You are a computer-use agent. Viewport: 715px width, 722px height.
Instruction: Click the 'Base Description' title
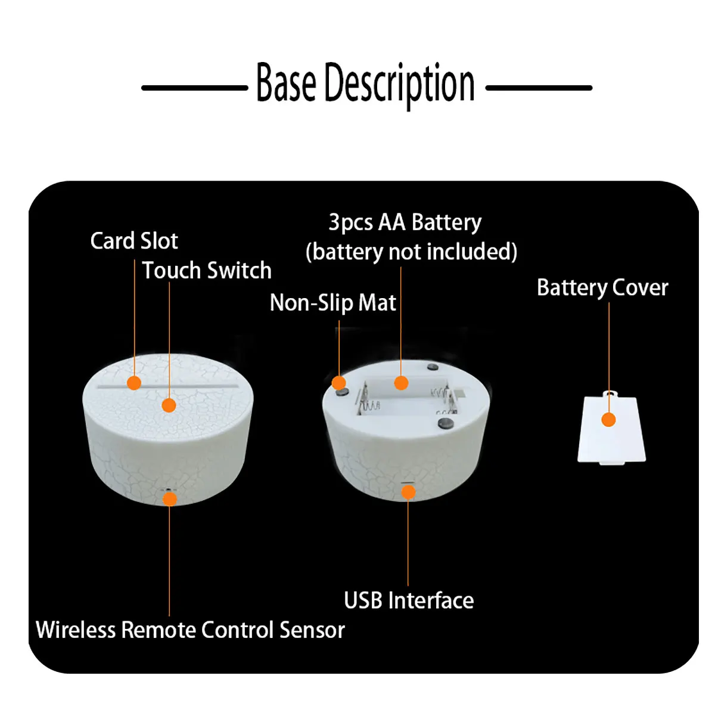click(x=365, y=84)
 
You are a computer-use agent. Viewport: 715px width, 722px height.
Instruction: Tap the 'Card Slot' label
click(x=134, y=241)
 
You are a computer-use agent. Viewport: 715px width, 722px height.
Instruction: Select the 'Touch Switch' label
click(x=207, y=271)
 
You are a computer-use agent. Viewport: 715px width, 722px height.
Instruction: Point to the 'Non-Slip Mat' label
click(x=332, y=303)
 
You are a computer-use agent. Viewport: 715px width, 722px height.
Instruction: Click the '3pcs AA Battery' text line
click(x=405, y=222)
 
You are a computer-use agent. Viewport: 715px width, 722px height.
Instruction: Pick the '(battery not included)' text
click(x=411, y=252)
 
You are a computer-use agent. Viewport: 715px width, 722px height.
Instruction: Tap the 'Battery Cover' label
click(x=602, y=287)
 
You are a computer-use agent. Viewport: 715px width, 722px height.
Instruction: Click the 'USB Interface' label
click(x=409, y=600)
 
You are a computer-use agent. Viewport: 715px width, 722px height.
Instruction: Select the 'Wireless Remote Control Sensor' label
click(x=190, y=630)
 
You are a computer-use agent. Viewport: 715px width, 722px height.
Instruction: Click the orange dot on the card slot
click(x=134, y=383)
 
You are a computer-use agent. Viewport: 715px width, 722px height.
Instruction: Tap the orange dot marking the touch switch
click(x=169, y=405)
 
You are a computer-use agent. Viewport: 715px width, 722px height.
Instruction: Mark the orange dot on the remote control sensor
click(x=170, y=498)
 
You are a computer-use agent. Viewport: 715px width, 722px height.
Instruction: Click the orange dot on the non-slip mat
click(x=338, y=383)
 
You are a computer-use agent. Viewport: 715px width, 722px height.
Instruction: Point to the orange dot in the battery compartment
click(x=401, y=383)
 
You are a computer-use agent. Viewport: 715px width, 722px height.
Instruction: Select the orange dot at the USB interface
click(x=408, y=492)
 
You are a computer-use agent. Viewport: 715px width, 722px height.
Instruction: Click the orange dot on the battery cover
click(x=608, y=420)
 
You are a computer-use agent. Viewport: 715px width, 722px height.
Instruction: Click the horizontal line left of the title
click(x=194, y=88)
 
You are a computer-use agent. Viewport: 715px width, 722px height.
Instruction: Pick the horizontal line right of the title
click(x=539, y=88)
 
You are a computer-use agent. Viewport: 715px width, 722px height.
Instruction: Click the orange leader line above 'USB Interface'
click(x=408, y=543)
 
